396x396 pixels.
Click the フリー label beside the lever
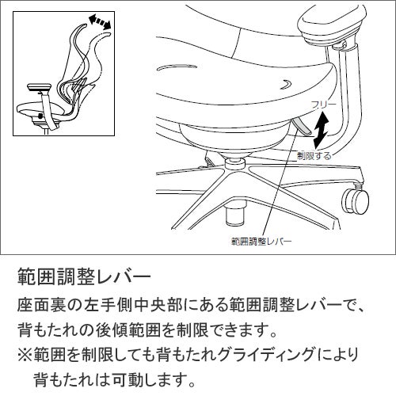click(324, 105)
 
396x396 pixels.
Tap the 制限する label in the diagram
click(314, 156)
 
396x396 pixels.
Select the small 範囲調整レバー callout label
click(261, 242)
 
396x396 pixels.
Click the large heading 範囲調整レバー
click(84, 276)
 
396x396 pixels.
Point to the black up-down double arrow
click(321, 130)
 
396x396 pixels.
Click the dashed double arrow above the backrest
click(100, 22)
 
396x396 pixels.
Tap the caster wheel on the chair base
click(355, 200)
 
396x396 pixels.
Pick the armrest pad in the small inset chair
click(40, 88)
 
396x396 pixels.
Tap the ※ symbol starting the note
click(25, 354)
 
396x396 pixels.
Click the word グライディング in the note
click(269, 354)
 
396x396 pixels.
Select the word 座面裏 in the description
click(42, 306)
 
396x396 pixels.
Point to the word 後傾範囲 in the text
click(128, 330)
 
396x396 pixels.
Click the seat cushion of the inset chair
click(40, 109)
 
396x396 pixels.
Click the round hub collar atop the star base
click(235, 162)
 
